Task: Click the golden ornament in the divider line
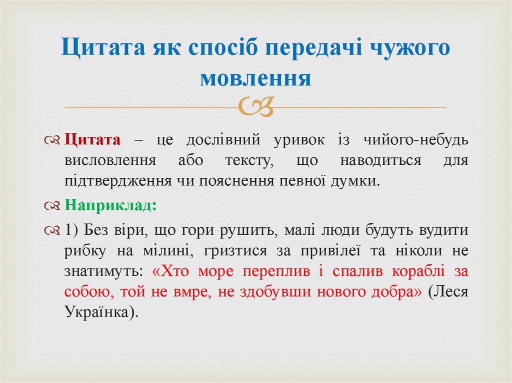click(256, 106)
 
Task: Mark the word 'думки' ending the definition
click(357, 180)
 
